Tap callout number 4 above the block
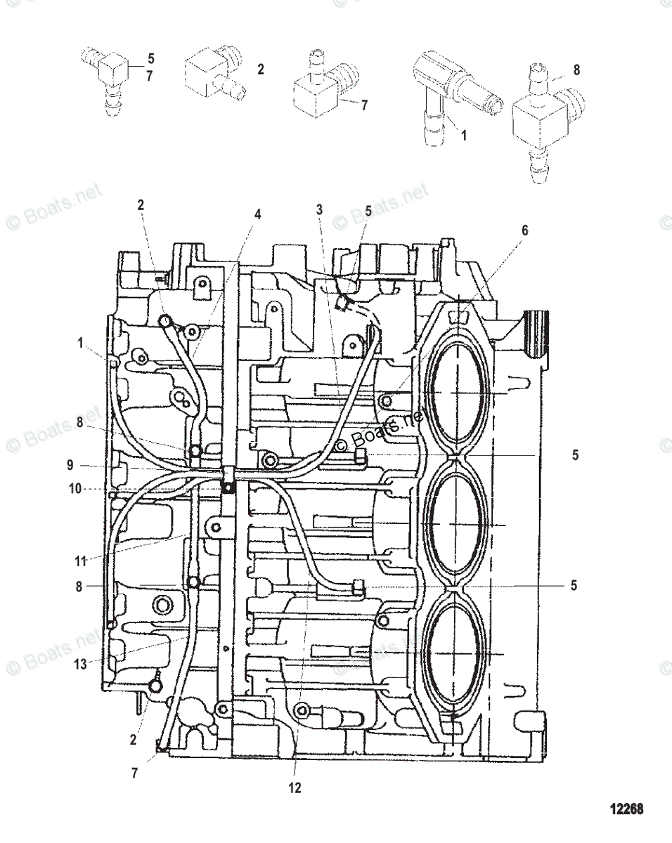tap(257, 215)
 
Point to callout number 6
tap(524, 230)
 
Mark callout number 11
tap(82, 561)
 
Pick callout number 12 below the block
tap(295, 788)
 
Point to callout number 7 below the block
tap(135, 774)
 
